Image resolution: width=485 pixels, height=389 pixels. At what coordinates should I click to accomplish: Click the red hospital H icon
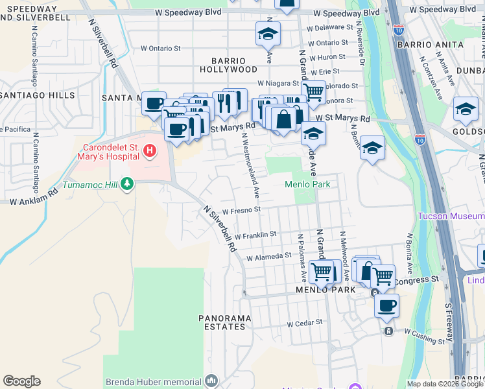coord(150,152)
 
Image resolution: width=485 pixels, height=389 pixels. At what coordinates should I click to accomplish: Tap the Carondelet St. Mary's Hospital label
coord(110,152)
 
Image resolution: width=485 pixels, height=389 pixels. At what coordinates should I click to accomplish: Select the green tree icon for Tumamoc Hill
coord(127,185)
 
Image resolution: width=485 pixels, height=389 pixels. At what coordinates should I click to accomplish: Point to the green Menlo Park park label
coord(307,184)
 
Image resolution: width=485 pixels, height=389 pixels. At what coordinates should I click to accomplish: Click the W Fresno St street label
coord(241,210)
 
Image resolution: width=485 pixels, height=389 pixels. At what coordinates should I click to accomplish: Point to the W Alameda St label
coord(268,256)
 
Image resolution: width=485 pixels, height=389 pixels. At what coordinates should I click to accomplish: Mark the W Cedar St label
coord(305,322)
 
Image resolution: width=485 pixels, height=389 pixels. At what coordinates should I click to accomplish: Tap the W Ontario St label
coord(161,48)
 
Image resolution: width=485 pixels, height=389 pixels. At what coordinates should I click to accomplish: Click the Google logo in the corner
coord(21,381)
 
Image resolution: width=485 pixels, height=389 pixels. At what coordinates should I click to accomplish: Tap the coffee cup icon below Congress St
coord(386,306)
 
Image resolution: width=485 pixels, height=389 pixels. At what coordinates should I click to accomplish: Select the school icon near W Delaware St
coord(267,34)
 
